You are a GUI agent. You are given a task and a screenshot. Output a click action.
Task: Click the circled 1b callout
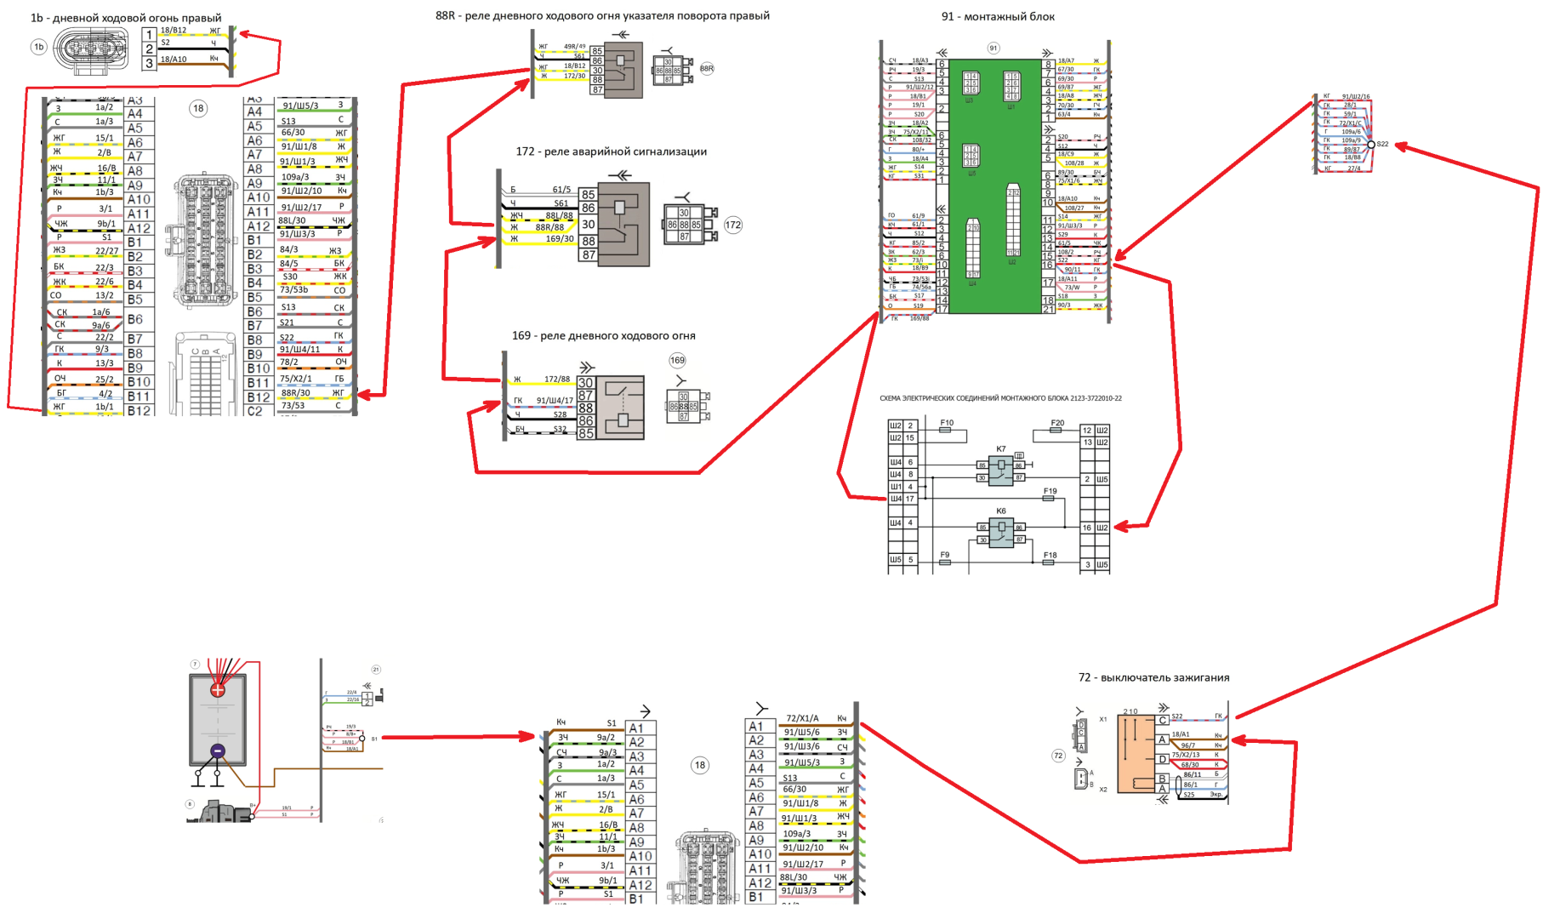coord(38,48)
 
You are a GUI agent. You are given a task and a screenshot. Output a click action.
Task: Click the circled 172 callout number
coord(732,225)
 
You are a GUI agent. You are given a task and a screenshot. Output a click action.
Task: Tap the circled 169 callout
coord(677,361)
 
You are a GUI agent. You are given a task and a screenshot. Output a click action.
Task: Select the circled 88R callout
coord(707,69)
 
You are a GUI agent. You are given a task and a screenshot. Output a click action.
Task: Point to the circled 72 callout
coord(1058,756)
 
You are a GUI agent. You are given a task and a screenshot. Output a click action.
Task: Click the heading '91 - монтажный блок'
coord(997,17)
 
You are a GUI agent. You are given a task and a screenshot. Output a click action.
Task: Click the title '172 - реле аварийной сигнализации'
coord(611,151)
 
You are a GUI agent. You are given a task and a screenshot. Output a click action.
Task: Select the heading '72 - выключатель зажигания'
coord(1153,678)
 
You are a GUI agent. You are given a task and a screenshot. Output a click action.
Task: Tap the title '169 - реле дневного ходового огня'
coord(603,336)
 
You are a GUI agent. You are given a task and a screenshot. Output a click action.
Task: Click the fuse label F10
coord(947,423)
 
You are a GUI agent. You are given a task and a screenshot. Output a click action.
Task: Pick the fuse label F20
coord(1057,423)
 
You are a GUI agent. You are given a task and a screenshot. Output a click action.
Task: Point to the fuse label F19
coord(1050,491)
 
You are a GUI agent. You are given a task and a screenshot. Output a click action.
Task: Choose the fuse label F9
coord(945,555)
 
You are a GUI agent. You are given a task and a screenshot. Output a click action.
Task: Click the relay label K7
coord(1001,449)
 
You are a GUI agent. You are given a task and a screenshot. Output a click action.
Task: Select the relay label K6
coord(1001,511)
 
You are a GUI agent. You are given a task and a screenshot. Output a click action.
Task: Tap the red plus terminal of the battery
coord(218,690)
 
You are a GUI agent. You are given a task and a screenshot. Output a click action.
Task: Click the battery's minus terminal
coord(218,751)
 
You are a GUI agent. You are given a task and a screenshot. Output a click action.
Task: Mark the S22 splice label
coord(1382,145)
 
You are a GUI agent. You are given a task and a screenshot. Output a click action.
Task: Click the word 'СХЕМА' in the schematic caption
coord(891,398)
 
